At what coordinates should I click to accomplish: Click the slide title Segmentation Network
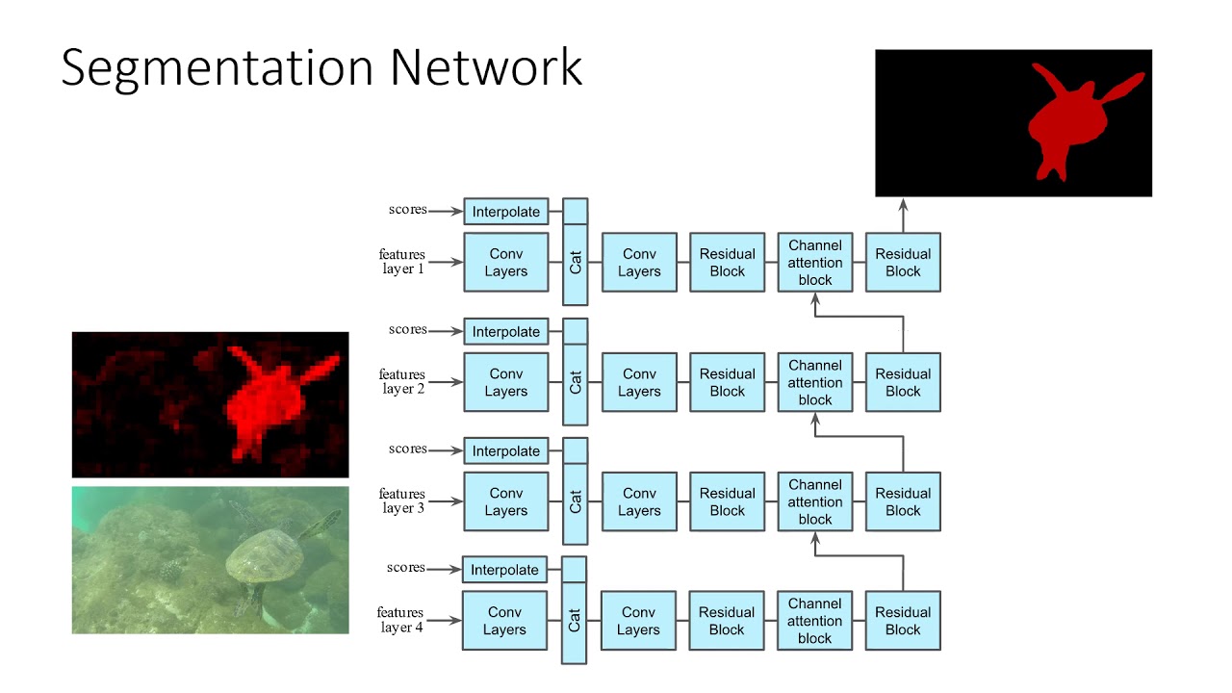[321, 68]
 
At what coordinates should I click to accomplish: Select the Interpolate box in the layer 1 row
[505, 212]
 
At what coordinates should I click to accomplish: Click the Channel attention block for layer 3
[814, 501]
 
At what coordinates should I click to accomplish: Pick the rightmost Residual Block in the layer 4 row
[902, 621]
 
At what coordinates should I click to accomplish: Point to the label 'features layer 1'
[402, 262]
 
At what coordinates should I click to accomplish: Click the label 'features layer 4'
[400, 620]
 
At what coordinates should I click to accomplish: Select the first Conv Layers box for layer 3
[505, 501]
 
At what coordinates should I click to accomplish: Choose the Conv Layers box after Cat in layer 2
[639, 382]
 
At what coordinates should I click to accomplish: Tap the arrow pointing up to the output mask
[903, 214]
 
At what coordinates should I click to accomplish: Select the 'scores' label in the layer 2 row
[408, 329]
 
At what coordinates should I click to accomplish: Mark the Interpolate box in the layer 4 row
[504, 570]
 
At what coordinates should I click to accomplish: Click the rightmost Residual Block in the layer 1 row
[903, 262]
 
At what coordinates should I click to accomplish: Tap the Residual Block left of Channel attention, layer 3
[727, 501]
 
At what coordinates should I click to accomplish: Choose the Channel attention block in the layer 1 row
[814, 262]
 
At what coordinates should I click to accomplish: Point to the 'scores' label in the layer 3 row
[408, 449]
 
